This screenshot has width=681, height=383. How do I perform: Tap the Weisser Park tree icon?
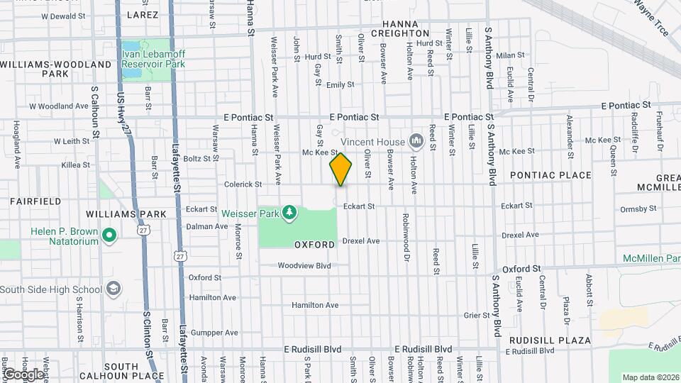(x=289, y=212)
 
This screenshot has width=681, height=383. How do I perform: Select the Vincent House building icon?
(x=416, y=142)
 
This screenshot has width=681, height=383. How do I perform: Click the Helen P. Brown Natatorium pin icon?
(x=109, y=235)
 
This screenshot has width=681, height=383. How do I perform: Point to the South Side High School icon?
(x=113, y=289)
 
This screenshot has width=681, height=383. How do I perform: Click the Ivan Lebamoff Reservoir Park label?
(x=153, y=58)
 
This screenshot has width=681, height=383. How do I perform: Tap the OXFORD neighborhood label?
(x=314, y=245)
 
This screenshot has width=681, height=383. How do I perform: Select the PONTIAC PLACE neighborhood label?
(x=550, y=175)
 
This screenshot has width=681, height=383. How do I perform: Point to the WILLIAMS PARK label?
(x=126, y=213)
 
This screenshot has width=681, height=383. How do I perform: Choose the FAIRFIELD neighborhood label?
(x=34, y=201)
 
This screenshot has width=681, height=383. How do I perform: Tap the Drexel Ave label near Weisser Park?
(x=360, y=241)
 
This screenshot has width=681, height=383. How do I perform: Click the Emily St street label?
(x=340, y=85)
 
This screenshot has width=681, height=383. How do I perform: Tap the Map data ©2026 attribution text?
(x=650, y=377)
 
